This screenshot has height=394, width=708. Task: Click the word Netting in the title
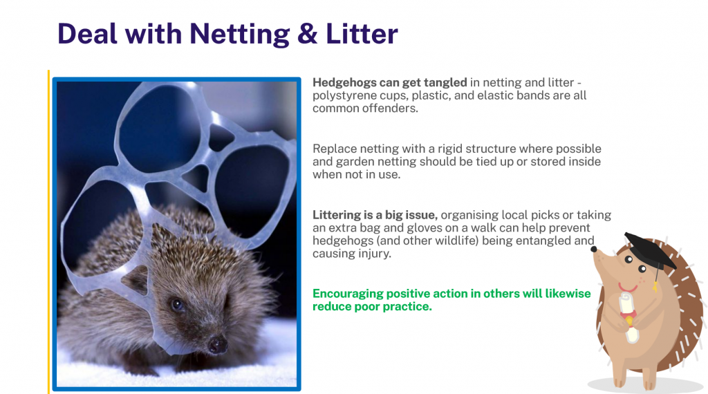239,35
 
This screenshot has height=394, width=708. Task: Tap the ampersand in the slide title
308,34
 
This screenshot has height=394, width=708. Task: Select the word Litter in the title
362,34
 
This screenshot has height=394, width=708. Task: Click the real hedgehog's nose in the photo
217,345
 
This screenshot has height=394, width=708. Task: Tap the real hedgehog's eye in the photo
177,305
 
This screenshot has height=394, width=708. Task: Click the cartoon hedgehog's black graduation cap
650,252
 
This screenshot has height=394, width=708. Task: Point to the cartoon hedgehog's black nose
594,249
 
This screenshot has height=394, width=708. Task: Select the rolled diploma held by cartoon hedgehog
628,317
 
